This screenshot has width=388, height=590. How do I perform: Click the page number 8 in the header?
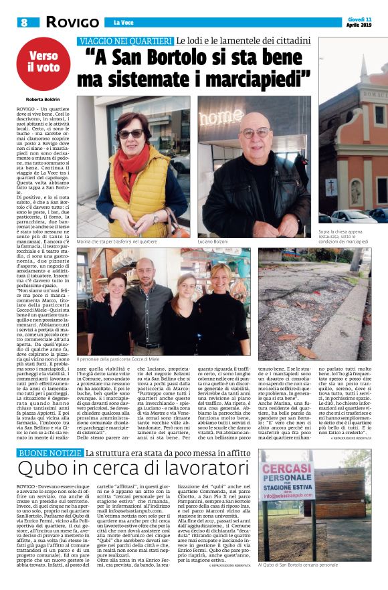[21, 22]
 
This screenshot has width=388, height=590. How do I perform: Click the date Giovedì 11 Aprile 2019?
[361, 22]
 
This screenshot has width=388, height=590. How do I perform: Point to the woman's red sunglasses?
[130, 133]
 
